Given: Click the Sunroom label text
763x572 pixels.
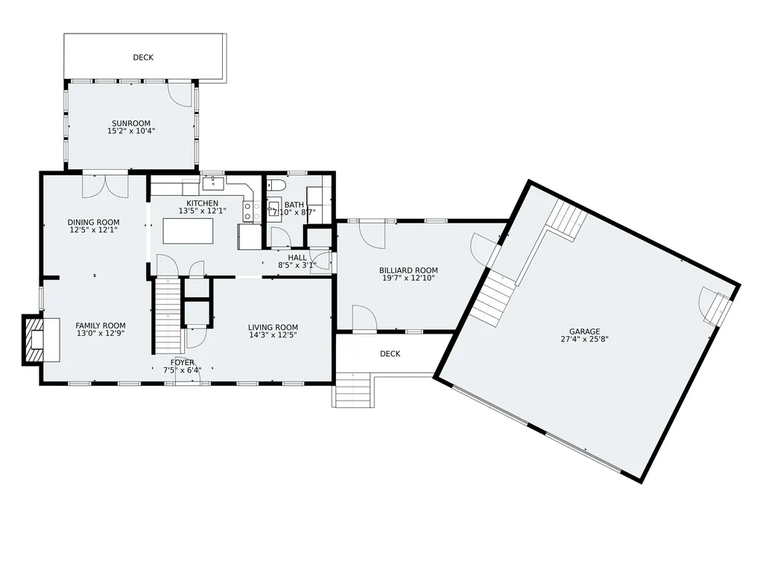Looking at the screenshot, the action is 131,124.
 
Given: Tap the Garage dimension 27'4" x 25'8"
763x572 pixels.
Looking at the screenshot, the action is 584,340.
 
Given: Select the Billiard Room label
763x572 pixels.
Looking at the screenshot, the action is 408,270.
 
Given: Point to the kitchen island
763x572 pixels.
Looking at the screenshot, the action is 188,231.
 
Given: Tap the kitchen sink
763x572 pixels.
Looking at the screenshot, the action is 212,183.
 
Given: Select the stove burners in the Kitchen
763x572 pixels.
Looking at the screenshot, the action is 247,212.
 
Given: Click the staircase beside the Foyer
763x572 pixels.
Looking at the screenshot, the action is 168,316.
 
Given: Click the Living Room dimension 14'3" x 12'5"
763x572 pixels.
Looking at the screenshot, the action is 273,335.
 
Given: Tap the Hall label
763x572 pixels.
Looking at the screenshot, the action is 297,258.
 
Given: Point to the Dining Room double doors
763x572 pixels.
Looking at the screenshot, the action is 104,185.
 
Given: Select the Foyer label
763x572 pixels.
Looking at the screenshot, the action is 182,363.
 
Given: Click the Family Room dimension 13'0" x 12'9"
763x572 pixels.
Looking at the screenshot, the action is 101,334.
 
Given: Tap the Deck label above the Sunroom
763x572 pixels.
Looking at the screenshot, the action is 143,57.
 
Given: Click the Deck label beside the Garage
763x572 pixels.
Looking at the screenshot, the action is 390,354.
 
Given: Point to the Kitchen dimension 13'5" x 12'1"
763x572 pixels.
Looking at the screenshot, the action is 203,211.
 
